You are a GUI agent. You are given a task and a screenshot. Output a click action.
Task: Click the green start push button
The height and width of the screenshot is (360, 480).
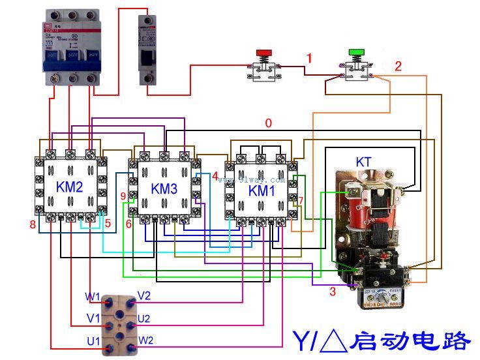click(x=355, y=52)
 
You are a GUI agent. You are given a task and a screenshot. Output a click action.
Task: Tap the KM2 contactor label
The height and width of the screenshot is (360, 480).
click(x=70, y=188)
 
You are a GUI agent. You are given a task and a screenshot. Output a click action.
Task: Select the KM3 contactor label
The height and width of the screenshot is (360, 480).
click(x=164, y=189)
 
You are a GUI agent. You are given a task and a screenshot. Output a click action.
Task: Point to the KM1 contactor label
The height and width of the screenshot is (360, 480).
click(x=263, y=191)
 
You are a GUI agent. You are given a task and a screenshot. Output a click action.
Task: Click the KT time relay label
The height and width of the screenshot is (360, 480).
click(x=365, y=161)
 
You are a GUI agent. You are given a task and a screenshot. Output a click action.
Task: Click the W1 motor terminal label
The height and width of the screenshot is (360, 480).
click(x=92, y=297)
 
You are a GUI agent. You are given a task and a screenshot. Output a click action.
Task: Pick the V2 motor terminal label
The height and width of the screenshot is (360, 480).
click(x=144, y=296)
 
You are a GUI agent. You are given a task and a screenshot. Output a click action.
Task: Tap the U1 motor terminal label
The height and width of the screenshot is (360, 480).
click(x=93, y=341)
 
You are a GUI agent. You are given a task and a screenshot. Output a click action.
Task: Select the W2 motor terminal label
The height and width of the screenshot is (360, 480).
click(x=145, y=340)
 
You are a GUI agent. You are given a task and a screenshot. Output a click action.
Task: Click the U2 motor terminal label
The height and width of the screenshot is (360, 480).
click(x=144, y=319)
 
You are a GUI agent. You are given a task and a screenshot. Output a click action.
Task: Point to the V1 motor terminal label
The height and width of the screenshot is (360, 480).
click(x=93, y=319)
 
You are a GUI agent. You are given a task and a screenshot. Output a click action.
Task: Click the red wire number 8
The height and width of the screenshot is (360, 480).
click(x=31, y=225)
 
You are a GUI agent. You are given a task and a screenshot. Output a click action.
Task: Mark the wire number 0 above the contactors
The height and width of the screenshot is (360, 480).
click(x=268, y=122)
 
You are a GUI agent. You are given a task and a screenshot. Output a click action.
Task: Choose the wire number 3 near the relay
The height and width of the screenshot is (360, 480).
click(x=332, y=292)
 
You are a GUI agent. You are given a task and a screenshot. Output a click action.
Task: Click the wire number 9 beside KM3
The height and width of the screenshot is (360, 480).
click(x=123, y=196)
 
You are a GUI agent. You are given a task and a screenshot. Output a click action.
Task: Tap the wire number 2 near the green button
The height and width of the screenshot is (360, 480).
click(x=398, y=66)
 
